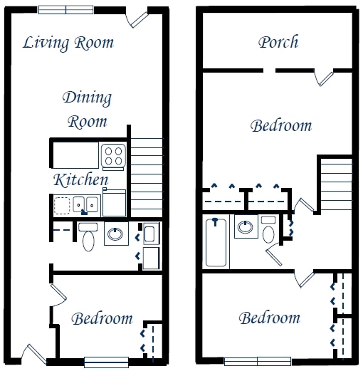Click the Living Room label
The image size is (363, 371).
click(68, 42)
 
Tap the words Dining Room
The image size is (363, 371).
click(87, 109)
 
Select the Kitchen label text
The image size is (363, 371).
click(80, 179)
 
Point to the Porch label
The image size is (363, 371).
click(278, 42)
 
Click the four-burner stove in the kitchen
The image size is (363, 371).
click(113, 155)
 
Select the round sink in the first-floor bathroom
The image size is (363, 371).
click(116, 234)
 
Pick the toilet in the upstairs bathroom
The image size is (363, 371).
click(269, 231)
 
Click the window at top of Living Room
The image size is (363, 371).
click(65, 10)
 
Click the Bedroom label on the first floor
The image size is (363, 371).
click(102, 318)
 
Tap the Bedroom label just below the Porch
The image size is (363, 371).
click(281, 126)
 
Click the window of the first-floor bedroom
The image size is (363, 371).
click(106, 361)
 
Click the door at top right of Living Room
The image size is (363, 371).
click(137, 18)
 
